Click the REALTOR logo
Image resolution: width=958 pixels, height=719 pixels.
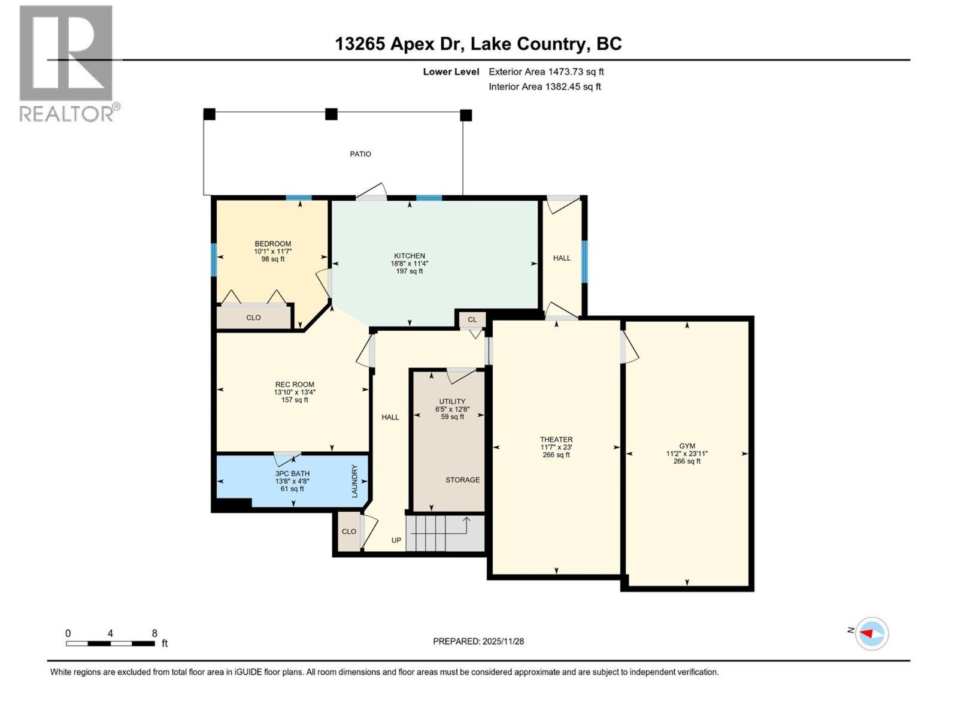[x=67, y=63]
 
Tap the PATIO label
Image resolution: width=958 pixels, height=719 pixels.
[x=360, y=154]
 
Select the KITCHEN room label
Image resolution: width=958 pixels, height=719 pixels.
[x=410, y=256]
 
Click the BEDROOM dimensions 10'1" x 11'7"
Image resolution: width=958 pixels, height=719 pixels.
[x=273, y=252]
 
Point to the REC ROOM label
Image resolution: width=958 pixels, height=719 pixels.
[x=295, y=385]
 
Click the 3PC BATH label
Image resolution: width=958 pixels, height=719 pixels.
[x=292, y=473]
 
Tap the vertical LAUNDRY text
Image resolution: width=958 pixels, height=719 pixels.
[x=354, y=481]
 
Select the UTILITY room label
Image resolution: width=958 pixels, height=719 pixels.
[x=452, y=401]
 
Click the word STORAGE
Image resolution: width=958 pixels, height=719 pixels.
[x=462, y=480]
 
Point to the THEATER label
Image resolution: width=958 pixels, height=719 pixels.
[x=556, y=439]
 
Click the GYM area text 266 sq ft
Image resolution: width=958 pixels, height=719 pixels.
[x=687, y=461]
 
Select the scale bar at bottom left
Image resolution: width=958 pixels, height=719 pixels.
[x=111, y=644]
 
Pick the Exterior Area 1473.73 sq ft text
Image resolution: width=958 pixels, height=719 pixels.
[x=546, y=71]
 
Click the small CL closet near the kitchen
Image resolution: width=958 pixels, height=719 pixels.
[x=472, y=319]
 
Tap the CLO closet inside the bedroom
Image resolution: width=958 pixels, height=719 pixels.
[x=253, y=318]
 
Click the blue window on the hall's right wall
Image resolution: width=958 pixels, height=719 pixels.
[x=584, y=261]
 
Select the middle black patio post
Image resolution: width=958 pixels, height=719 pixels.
[x=331, y=114]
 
